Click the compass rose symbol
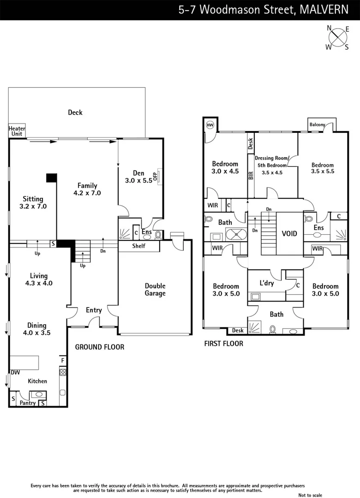(x=339, y=36)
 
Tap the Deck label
(x=75, y=112)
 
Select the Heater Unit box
(x=17, y=131)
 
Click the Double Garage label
(x=155, y=290)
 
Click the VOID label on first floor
(x=289, y=234)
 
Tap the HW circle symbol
(x=210, y=125)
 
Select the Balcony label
(x=317, y=125)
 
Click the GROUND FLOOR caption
(x=99, y=347)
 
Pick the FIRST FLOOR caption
(x=223, y=344)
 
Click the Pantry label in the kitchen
(x=28, y=403)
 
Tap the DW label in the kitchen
(x=15, y=372)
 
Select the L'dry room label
(x=267, y=283)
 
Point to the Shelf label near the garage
(x=139, y=246)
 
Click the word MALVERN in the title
(x=324, y=10)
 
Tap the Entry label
(x=94, y=310)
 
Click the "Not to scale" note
(x=311, y=495)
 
